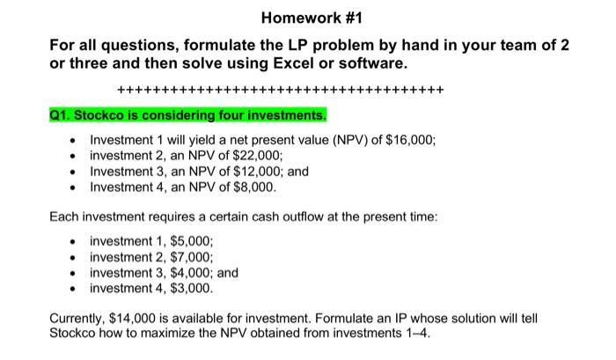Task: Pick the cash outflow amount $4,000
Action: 188,273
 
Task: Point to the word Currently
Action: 78,318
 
